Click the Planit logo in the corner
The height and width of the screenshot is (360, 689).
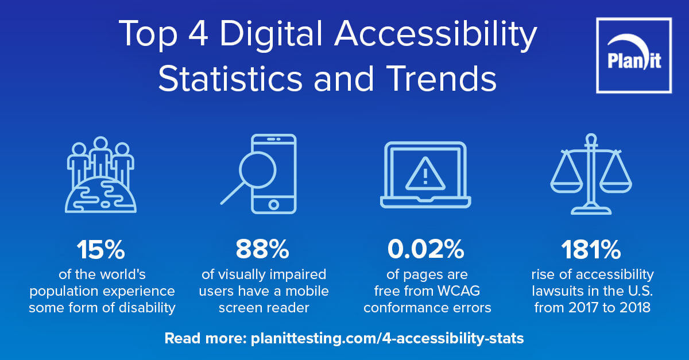click(x=634, y=55)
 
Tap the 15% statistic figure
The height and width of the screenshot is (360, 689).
click(x=101, y=250)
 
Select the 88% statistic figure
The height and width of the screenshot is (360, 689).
click(x=262, y=250)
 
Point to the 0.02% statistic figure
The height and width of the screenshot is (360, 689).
click(x=425, y=250)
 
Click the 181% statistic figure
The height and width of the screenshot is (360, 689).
click(x=591, y=250)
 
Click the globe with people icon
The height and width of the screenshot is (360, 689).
click(x=100, y=175)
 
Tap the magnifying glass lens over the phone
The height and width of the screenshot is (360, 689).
click(x=258, y=169)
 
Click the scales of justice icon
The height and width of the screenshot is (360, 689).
click(x=591, y=174)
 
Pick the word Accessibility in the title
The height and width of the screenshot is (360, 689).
click(x=436, y=34)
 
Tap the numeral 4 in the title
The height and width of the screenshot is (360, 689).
click(x=198, y=33)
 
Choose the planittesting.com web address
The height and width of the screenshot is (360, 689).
click(x=387, y=338)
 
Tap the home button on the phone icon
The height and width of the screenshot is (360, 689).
click(x=273, y=204)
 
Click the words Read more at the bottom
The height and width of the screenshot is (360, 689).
click(x=206, y=338)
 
